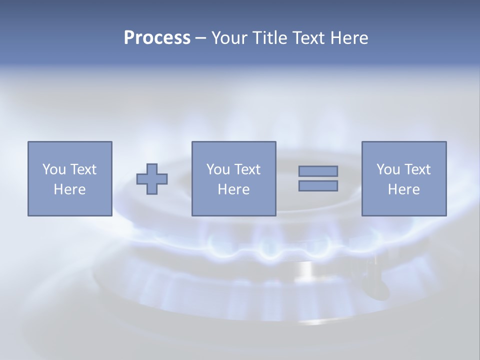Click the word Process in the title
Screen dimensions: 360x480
(x=157, y=38)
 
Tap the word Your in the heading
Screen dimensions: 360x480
(x=230, y=38)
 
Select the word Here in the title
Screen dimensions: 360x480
(x=349, y=38)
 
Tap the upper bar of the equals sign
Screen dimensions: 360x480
(x=318, y=171)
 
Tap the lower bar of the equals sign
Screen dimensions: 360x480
(x=318, y=186)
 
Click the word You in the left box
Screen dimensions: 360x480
(x=54, y=169)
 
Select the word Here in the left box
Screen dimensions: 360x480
(x=69, y=189)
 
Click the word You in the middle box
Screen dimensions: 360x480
(x=218, y=169)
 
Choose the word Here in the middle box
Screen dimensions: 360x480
(x=233, y=189)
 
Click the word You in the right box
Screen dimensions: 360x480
(x=388, y=169)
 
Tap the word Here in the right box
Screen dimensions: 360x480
(x=403, y=189)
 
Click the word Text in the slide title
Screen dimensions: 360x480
(x=308, y=38)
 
